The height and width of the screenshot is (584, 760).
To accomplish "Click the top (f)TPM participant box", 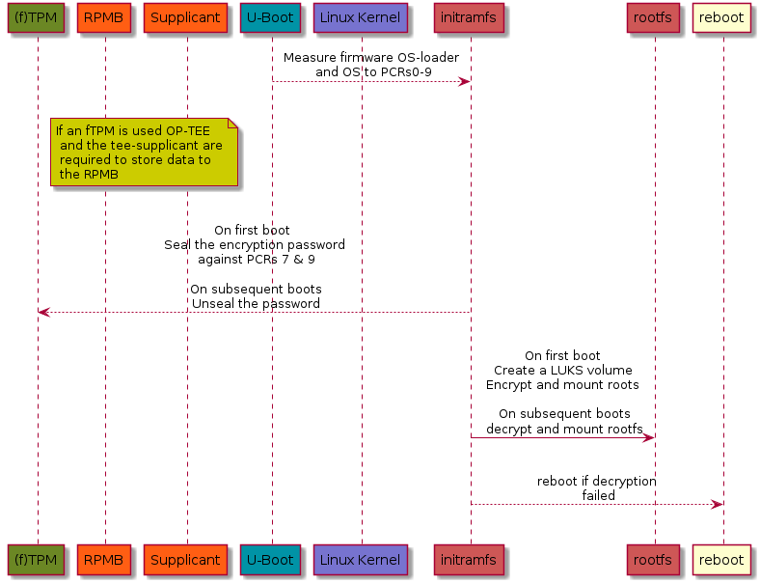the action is point(36,18).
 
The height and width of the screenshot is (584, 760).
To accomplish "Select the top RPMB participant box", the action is point(104,18).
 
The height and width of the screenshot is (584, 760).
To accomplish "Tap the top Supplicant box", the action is point(185,18).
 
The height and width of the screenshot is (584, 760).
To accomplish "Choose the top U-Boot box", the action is point(270,18).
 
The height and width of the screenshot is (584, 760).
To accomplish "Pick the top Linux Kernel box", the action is point(360,18).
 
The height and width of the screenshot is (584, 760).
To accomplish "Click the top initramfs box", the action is point(469,18).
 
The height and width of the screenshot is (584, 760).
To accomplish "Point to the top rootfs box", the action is point(653,18).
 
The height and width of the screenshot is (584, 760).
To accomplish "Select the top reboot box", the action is point(721,18).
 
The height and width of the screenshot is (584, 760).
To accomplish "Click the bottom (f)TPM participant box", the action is point(36,560).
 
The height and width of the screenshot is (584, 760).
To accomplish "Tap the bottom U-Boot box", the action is point(270,560).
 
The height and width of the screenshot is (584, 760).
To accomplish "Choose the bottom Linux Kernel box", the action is point(360,560).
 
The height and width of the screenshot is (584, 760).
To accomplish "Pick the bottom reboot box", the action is point(721,560).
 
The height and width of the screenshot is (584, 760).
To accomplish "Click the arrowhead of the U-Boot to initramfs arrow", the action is point(464,81).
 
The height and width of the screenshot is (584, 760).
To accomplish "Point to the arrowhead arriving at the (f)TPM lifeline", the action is point(44,313).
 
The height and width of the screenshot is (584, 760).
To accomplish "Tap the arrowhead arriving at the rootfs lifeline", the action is point(648,438).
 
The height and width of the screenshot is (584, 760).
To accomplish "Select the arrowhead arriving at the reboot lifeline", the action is point(717,505).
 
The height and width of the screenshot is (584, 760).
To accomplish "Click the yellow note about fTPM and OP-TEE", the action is point(145,152).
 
